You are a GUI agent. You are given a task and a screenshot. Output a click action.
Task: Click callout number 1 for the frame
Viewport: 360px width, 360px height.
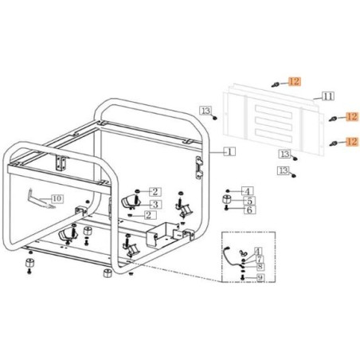click(229, 151)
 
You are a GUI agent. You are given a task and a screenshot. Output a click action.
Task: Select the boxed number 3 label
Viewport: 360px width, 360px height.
click(155, 204)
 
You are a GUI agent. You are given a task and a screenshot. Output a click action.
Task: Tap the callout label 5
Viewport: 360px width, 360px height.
click(249, 201)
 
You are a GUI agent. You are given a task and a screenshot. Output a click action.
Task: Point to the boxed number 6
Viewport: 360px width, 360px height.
click(249, 210)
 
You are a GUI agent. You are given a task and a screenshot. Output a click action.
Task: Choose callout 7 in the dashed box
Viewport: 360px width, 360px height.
click(259, 259)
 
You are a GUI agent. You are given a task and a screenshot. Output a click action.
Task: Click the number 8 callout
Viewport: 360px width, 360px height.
click(260, 266)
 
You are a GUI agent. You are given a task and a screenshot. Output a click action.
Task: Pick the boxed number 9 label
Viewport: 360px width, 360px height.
click(260, 278)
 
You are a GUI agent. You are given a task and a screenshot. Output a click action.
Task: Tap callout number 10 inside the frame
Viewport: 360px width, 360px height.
click(57, 198)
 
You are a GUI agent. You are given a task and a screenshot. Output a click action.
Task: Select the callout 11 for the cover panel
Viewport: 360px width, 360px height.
click(328, 96)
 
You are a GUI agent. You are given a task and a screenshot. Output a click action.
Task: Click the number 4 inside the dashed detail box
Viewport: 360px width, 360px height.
click(258, 251)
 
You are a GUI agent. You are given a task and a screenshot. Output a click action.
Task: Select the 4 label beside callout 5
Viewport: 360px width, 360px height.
click(247, 191)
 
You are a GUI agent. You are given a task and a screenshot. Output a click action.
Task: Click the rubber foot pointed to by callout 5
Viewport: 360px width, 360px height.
click(226, 199)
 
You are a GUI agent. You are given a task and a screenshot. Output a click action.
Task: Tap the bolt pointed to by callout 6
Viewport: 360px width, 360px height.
click(226, 209)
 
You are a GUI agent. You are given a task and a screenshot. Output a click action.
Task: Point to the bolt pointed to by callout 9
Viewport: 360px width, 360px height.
click(242, 277)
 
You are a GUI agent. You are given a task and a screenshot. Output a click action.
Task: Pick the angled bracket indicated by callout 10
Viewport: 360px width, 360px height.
click(41, 198)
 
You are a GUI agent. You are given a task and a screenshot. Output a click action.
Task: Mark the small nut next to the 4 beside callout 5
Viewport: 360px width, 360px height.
click(228, 191)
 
